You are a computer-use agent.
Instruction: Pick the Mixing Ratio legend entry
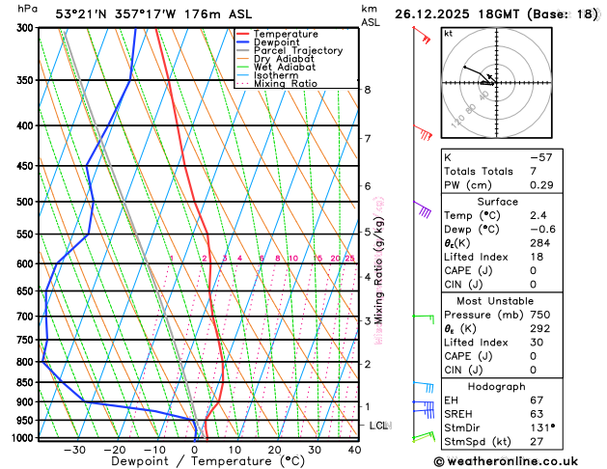[x=285, y=84]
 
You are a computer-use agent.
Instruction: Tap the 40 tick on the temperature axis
[x=354, y=450]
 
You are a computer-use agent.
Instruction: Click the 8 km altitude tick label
[x=368, y=90]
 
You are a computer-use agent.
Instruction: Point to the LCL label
[x=379, y=426]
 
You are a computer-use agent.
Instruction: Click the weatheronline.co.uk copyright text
[x=520, y=461]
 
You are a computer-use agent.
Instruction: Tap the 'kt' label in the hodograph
[x=448, y=33]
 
